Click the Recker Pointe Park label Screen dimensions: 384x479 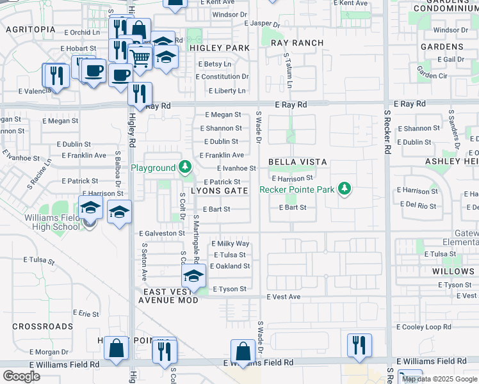click(x=297, y=189)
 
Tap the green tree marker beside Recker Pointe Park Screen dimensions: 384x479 click(x=345, y=188)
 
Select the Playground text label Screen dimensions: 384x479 click(x=153, y=168)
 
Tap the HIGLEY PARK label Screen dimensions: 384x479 click(x=219, y=48)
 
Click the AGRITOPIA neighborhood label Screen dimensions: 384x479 click(x=30, y=29)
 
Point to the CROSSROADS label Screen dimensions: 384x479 click(x=42, y=326)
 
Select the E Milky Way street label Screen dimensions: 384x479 click(x=231, y=244)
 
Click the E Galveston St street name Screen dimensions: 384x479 click(x=162, y=234)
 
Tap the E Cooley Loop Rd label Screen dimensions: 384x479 click(x=428, y=327)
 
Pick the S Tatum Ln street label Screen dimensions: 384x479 click(x=289, y=70)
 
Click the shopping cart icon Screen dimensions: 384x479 click(x=140, y=57)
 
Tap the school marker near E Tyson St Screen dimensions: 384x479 click(x=193, y=276)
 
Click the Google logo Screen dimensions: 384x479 click(x=22, y=376)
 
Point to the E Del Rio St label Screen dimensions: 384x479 click(x=417, y=206)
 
